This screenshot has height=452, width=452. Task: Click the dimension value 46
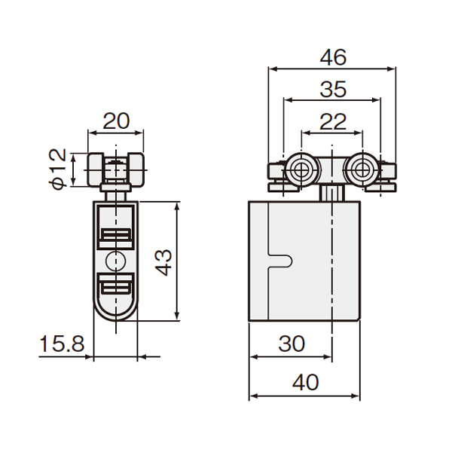tap(333, 57)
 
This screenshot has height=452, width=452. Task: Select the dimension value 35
tap(333, 89)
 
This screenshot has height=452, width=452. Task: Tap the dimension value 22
tap(333, 121)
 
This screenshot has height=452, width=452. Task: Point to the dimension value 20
tap(116, 121)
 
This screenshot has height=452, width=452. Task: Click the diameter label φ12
tap(59, 169)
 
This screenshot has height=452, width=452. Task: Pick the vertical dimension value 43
tap(163, 263)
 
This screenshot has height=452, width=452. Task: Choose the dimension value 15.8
tap(62, 344)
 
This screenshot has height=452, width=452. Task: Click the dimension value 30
tap(292, 344)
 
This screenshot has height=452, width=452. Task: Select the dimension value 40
tap(306, 382)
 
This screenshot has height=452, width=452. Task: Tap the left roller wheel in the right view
tap(301, 170)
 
